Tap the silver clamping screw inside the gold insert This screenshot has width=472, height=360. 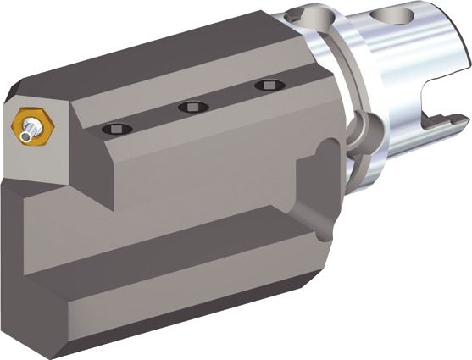point(31,129)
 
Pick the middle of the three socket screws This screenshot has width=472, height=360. point(192,106)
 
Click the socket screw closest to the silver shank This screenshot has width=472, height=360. point(269,86)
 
